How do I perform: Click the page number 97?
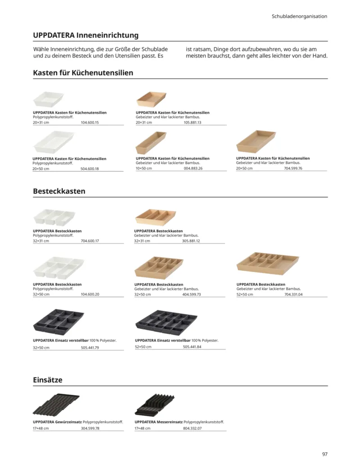click(x=324, y=454)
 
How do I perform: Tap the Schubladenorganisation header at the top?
click(x=299, y=16)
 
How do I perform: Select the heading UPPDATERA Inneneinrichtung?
click(x=86, y=35)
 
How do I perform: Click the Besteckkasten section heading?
click(x=59, y=191)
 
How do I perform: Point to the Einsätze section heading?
click(x=48, y=380)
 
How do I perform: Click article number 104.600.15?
click(x=90, y=122)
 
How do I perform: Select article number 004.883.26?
click(x=193, y=168)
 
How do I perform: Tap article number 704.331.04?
click(x=293, y=294)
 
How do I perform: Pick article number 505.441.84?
click(x=192, y=347)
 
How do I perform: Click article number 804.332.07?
click(x=193, y=428)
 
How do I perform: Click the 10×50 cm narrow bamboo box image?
click(x=151, y=143)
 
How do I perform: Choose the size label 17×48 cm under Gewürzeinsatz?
click(x=41, y=428)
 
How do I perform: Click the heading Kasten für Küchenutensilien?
click(x=83, y=72)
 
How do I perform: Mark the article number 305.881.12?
click(x=191, y=241)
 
